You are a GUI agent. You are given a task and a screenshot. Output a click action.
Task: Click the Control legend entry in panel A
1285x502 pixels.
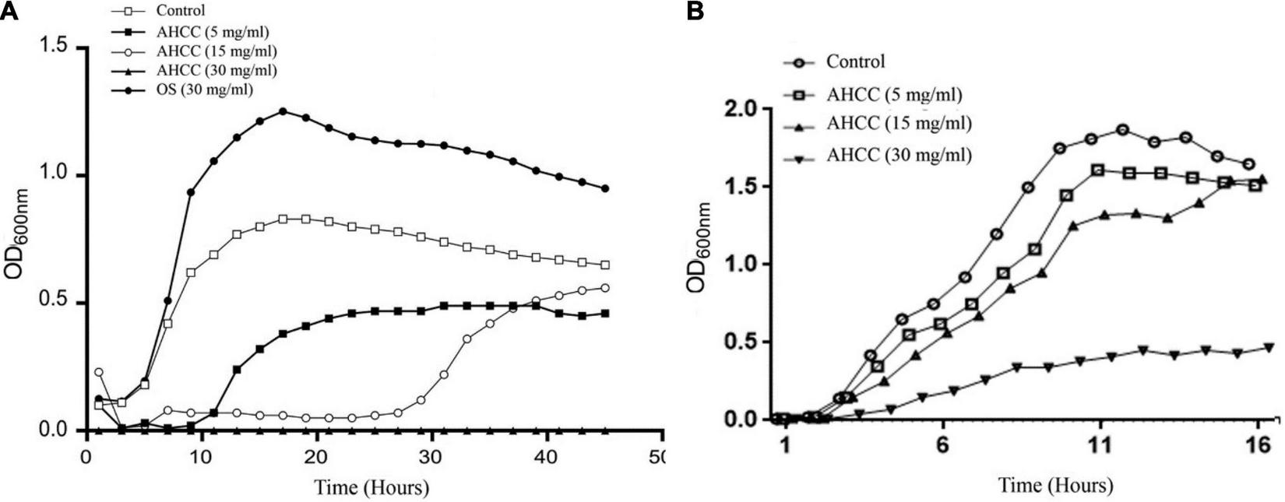[180, 11]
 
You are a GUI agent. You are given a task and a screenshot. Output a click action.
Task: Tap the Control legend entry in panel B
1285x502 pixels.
[855, 61]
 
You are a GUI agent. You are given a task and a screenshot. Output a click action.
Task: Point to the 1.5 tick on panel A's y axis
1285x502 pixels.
[60, 48]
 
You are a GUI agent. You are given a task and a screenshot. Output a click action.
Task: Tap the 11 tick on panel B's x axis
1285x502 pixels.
[1100, 448]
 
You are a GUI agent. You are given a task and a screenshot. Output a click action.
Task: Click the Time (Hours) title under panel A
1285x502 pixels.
[371, 488]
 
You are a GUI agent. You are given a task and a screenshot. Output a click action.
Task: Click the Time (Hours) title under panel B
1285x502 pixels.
[1056, 486]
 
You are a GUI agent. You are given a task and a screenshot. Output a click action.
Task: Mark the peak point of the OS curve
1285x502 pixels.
[283, 111]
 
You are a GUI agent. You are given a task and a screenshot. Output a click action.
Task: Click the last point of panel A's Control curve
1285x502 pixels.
[605, 265]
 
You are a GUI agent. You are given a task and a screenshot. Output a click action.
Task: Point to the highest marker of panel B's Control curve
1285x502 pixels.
[1122, 129]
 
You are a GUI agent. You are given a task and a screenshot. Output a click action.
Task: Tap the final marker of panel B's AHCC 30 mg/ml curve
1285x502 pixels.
[1269, 347]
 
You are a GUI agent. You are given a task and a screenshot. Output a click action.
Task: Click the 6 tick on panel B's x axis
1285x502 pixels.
[943, 448]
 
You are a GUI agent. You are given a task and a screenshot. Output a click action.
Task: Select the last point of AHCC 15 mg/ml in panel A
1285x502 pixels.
[605, 288]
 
